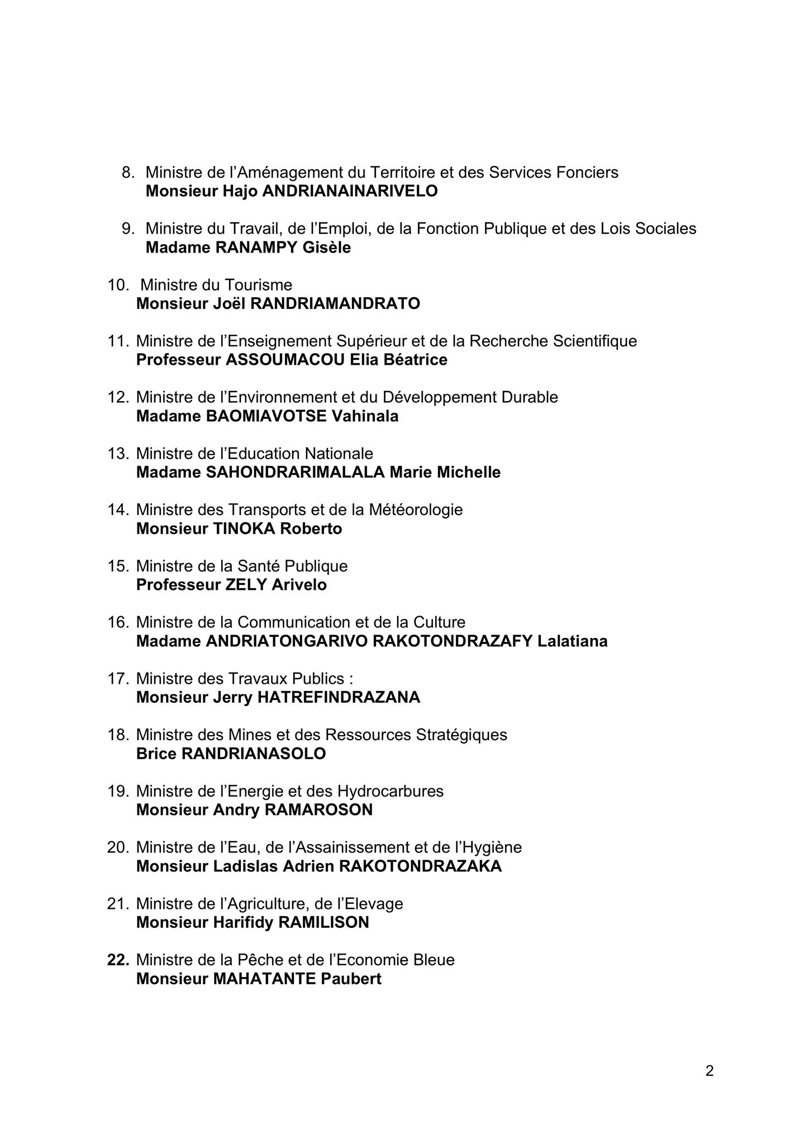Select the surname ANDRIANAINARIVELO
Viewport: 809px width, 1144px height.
click(350, 191)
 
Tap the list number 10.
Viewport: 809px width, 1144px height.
click(118, 285)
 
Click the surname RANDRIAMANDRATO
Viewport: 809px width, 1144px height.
click(335, 304)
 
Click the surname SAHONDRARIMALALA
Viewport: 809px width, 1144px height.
click(296, 473)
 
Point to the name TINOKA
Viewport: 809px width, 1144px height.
click(245, 528)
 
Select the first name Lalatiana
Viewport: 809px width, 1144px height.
click(572, 641)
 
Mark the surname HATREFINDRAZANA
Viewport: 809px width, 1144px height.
click(339, 698)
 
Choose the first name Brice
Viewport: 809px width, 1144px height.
click(156, 754)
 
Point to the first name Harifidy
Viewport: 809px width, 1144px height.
click(243, 923)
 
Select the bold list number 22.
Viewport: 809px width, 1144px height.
click(118, 960)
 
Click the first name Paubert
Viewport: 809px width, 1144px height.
click(351, 979)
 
